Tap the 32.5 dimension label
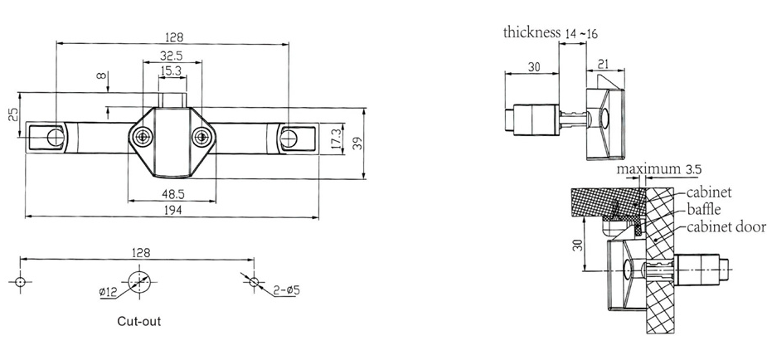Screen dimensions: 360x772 [172, 55]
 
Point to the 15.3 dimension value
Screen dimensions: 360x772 [172, 72]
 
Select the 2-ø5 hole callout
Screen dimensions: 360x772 [285, 289]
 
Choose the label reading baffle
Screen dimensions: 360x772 [706, 210]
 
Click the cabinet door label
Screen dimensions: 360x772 [726, 226]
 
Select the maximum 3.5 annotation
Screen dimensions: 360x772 [660, 170]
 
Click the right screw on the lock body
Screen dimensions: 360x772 [200, 137]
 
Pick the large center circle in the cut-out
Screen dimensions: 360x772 [138, 281]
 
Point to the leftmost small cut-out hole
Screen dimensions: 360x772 [22, 281]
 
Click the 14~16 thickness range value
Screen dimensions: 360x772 [581, 33]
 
